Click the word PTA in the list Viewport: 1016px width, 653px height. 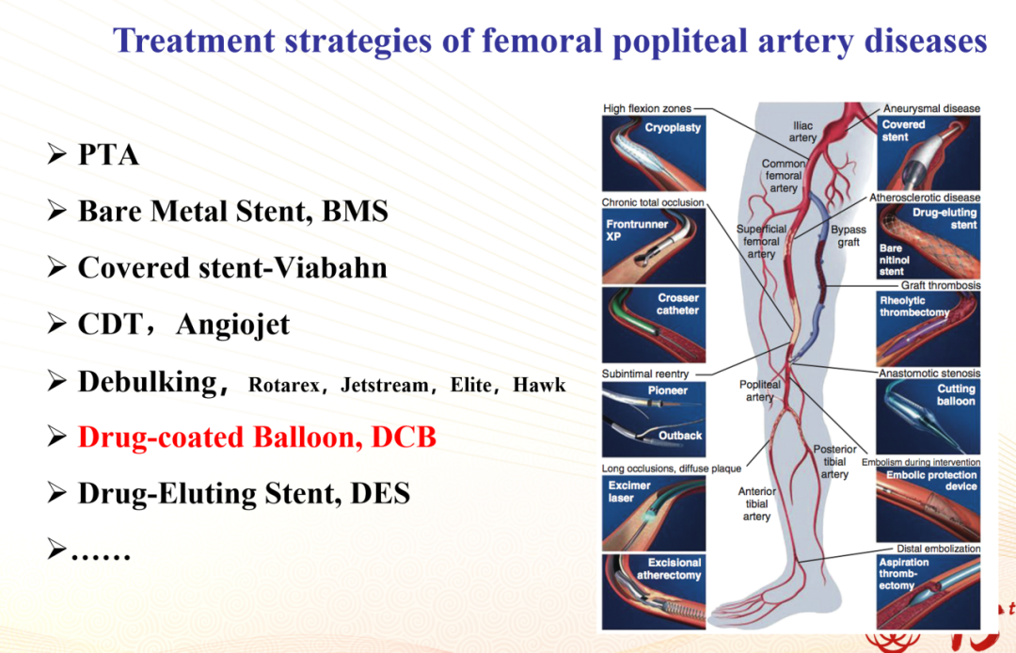108,155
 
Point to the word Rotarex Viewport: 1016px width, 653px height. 284,386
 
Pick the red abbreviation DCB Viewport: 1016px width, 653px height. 404,438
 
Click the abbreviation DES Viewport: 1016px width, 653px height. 380,494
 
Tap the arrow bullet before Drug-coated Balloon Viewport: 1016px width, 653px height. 57,437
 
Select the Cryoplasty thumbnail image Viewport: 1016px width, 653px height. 654,153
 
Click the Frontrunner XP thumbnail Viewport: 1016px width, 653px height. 654,247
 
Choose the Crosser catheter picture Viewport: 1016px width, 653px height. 654,326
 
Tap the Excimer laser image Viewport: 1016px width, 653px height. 654,514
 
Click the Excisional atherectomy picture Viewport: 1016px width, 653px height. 654,592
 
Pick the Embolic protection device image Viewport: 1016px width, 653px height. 928,504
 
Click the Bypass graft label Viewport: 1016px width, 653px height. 849,236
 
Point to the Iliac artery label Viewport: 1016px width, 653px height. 802,132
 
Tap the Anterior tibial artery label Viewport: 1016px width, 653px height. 756,504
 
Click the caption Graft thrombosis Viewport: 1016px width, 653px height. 941,285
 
